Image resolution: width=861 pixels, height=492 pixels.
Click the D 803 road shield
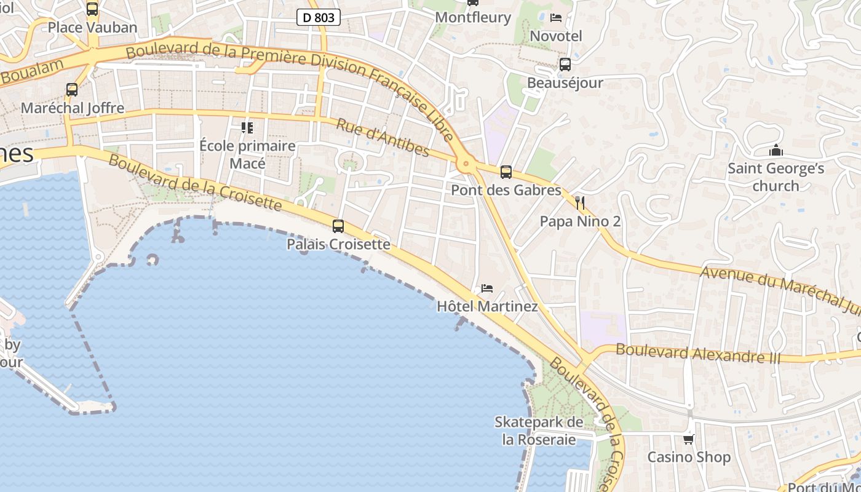(319, 17)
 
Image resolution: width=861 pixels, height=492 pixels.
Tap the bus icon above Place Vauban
(92, 9)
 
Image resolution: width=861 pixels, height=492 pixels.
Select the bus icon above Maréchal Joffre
(72, 90)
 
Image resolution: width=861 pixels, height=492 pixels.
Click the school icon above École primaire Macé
(247, 128)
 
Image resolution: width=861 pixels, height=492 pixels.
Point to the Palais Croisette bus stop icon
(338, 226)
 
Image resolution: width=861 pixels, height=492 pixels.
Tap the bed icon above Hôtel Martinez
(487, 288)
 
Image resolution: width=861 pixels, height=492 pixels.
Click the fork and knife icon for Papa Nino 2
(580, 203)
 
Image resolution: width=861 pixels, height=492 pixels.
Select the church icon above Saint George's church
(776, 150)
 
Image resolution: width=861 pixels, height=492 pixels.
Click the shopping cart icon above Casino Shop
(689, 439)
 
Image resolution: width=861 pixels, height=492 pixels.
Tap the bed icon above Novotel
(556, 17)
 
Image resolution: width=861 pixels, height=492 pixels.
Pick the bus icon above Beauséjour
(565, 64)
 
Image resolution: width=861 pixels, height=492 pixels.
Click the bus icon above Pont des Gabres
(506, 172)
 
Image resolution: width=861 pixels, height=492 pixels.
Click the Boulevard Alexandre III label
(698, 354)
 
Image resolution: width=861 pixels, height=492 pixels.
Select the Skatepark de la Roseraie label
(539, 431)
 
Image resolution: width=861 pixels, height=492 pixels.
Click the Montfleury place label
(473, 17)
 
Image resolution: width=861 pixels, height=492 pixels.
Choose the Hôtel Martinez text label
(487, 306)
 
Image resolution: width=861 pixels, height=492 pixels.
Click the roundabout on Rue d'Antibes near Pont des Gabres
(466, 164)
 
